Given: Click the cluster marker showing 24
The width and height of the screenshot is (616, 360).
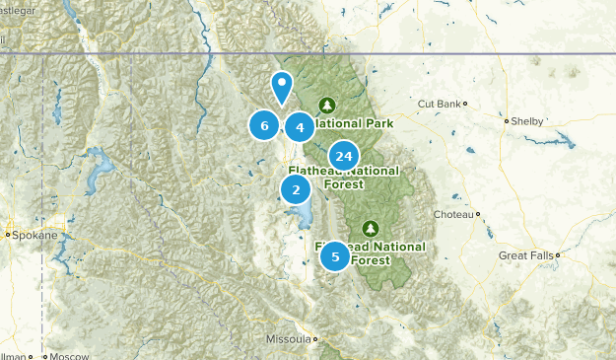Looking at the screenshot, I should click(x=343, y=156).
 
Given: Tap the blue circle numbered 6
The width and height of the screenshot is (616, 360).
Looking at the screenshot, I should click(x=264, y=125).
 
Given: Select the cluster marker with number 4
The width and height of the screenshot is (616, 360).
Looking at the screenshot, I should click(x=300, y=126).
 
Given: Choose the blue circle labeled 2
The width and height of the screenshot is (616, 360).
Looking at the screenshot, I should click(x=296, y=189).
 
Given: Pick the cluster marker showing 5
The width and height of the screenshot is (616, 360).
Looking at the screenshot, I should click(x=335, y=256).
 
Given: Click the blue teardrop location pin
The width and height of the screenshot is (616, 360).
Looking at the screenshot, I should click(x=282, y=87).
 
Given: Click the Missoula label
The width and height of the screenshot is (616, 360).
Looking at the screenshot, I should click(x=288, y=339).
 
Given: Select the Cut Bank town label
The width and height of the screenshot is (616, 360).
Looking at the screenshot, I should click(x=439, y=104).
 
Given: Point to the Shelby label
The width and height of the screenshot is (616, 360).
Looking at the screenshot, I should click(x=525, y=121).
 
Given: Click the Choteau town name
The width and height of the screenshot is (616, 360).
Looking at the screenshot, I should click(x=453, y=214).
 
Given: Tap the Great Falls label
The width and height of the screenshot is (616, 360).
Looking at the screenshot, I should click(x=525, y=255).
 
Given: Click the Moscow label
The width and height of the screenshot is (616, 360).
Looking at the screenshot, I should click(x=68, y=355).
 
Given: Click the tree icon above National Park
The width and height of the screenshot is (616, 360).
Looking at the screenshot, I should click(x=328, y=105).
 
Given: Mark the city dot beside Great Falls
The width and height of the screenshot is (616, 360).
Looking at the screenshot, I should click(x=558, y=254).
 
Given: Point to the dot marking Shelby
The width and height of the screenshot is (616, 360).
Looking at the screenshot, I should click(x=506, y=121).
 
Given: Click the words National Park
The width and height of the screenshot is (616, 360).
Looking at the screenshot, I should click(x=356, y=123).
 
